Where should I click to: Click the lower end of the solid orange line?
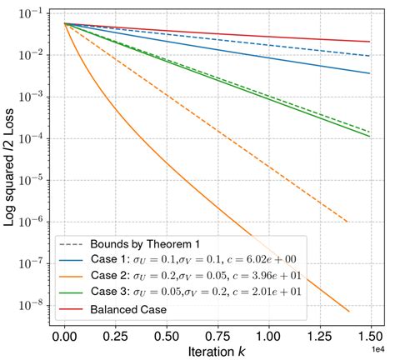tap(348, 312)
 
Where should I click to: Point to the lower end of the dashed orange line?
tap(346, 222)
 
